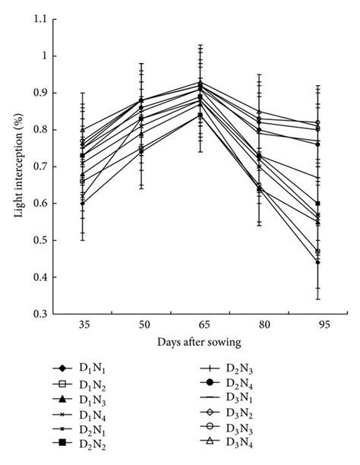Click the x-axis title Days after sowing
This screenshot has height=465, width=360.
pyautogui.click(x=200, y=343)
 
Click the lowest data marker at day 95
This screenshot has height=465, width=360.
pyautogui.click(x=317, y=262)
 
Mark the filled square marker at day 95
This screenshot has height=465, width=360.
pyautogui.click(x=317, y=204)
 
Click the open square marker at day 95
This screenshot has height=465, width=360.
pyautogui.click(x=317, y=251)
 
